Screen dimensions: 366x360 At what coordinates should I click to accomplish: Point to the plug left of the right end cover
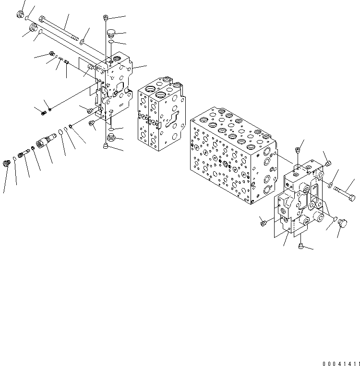(263, 222)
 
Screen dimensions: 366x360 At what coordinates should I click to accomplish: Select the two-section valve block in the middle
(159, 113)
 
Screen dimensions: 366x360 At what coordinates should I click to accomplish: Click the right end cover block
(300, 201)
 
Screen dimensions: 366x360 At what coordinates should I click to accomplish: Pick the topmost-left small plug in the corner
(21, 14)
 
